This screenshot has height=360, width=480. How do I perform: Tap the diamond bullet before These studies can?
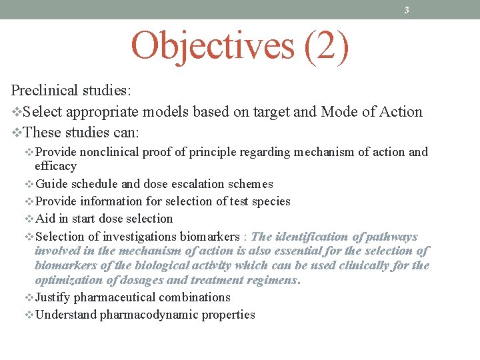point(17,132)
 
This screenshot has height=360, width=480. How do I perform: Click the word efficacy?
point(55,166)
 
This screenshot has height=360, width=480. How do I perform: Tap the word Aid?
point(45,219)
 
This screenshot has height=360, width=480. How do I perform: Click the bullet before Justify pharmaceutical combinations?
point(29,298)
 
